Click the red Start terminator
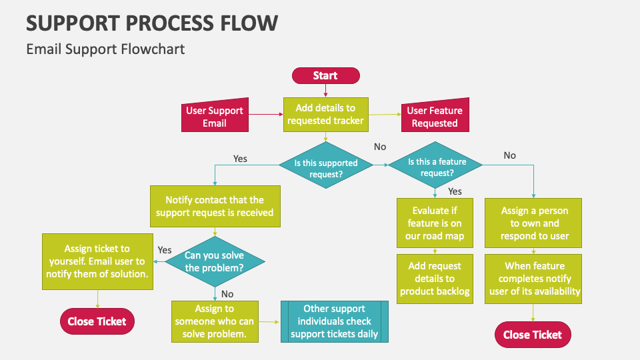(325, 76)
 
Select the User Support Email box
(215, 117)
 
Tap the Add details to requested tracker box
(325, 114)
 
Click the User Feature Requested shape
(435, 117)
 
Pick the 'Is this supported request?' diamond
(326, 168)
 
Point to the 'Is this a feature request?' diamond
(437, 167)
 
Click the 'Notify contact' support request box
(215, 206)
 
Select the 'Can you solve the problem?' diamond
(215, 262)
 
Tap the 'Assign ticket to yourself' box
(97, 261)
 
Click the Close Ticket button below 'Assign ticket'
(97, 321)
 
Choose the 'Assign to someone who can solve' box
(215, 321)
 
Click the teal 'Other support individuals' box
(334, 321)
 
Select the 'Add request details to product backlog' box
(435, 279)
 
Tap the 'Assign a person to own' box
(534, 223)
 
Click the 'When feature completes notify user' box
(534, 279)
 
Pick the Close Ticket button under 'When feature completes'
(533, 335)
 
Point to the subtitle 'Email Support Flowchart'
(105, 49)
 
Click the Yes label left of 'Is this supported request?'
(240, 159)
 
